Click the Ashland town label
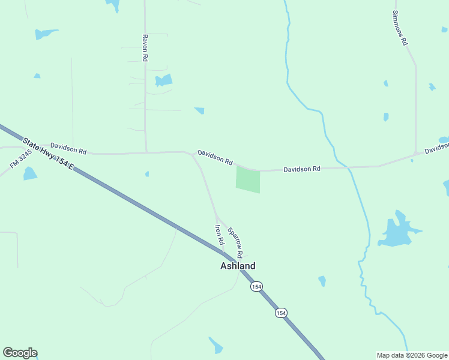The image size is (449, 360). point(238,266)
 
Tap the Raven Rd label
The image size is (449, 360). point(145,48)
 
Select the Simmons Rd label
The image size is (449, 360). point(400,28)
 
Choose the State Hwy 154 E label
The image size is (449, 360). point(47,154)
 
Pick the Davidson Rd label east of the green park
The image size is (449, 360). point(301,169)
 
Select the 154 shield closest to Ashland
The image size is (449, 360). point(256,287)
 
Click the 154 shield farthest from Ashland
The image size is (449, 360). point(281,313)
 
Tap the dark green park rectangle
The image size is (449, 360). point(249,179)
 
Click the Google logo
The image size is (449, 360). point(20,353)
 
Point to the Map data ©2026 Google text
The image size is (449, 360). point(412,355)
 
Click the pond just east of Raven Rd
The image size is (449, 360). point(163,80)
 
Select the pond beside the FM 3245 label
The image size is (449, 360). point(29,174)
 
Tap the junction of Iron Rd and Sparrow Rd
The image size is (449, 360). point(216,217)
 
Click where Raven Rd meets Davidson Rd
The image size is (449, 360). point(146,152)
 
